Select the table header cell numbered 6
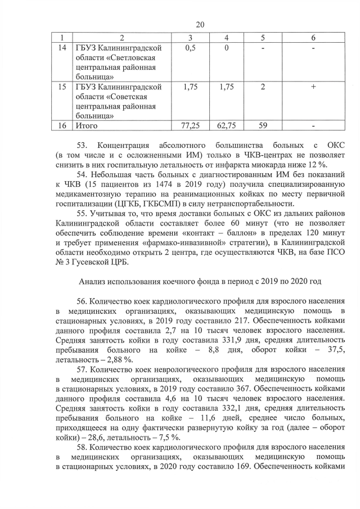pyautogui.click(x=312, y=37)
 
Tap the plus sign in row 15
pyautogui.click(x=312, y=87)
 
